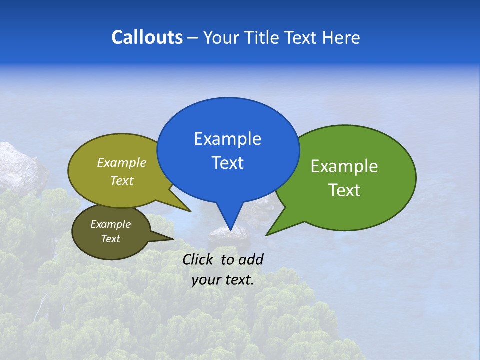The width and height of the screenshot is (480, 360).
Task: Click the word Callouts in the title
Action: point(147,37)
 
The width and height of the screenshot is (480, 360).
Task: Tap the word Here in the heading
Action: point(341,37)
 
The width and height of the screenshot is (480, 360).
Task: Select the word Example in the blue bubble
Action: point(227,139)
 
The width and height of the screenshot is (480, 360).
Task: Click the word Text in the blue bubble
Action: point(227,163)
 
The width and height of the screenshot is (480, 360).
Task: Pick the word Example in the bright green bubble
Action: point(344,166)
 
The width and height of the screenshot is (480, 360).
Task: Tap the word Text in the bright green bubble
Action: point(344,190)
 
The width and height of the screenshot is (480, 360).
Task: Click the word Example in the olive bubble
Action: point(122,162)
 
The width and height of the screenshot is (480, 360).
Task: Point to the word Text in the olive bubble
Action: point(122,180)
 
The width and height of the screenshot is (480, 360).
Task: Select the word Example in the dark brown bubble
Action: point(111,224)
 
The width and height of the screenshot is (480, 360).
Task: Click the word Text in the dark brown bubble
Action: point(111,239)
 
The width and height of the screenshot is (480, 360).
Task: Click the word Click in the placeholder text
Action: point(198,259)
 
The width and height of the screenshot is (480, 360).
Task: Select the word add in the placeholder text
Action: point(250,259)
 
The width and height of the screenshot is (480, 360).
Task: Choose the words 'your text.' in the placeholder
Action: point(223,280)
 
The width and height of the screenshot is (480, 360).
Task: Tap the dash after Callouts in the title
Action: point(193,38)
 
